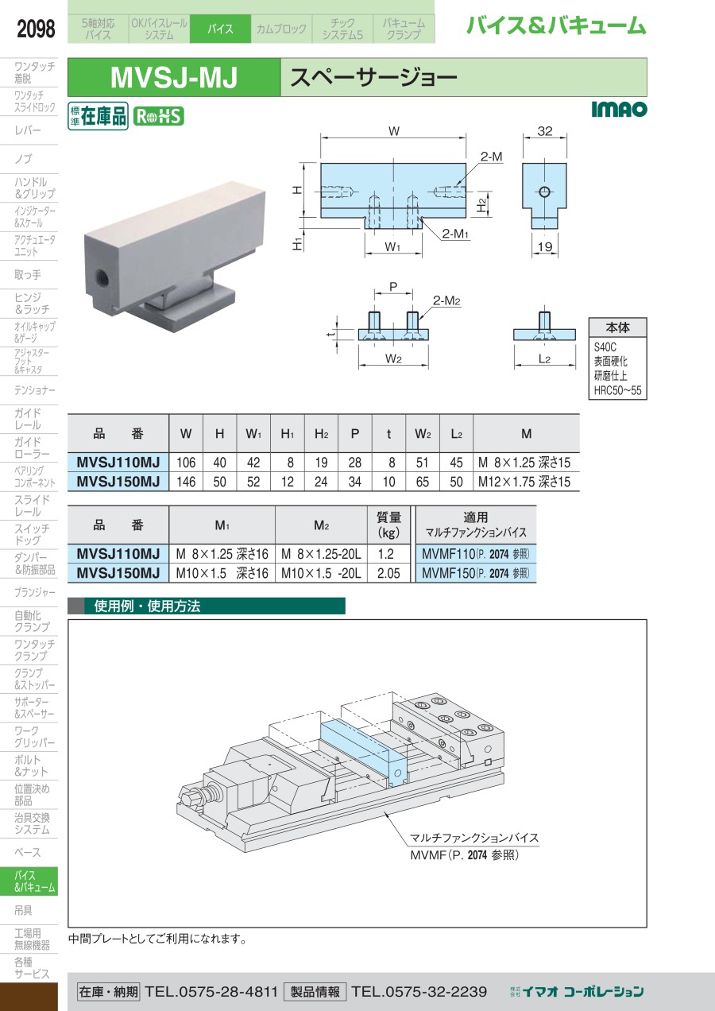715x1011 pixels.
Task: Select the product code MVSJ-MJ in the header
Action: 174,78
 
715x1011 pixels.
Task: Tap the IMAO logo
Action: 619,110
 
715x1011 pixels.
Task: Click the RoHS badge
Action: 158,116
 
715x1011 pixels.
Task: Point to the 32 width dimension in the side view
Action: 544,132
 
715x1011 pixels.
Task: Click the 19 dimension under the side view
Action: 544,247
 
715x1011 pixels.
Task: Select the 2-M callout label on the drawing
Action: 492,157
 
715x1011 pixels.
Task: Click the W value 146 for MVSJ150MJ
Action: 185,481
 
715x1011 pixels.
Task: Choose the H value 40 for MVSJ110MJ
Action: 219,462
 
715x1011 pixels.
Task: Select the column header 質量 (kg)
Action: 388,524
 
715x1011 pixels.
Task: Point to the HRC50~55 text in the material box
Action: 617,390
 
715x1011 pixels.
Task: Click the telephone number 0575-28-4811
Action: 211,991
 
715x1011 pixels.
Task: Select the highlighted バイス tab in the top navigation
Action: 220,29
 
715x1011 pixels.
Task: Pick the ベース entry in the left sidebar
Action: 28,852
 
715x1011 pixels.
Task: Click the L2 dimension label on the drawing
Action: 545,359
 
